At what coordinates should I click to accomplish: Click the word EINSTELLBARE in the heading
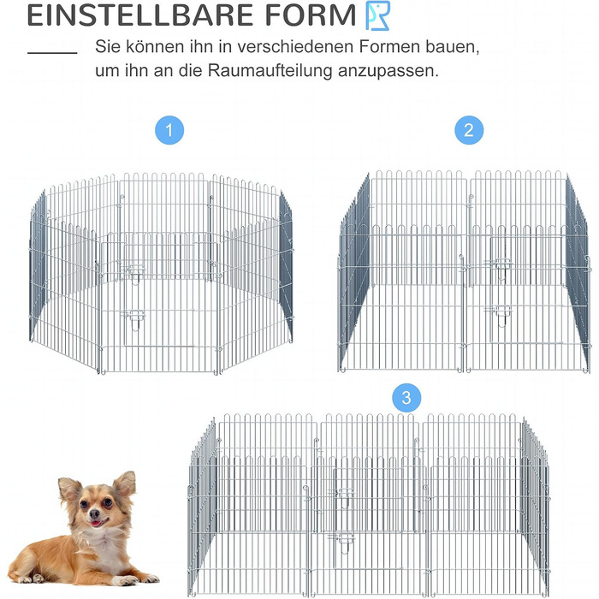click(x=140, y=15)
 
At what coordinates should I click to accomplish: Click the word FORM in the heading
click(x=311, y=15)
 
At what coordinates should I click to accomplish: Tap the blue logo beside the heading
click(x=378, y=15)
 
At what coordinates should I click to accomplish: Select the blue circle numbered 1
click(x=169, y=130)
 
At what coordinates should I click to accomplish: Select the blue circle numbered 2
click(x=469, y=130)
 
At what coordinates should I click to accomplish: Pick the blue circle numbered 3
click(x=406, y=398)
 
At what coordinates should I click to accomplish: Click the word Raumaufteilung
click(x=270, y=71)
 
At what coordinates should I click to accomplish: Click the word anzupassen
click(x=388, y=72)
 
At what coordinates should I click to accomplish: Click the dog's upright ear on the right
click(x=125, y=484)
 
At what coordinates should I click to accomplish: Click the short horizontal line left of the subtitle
click(x=52, y=53)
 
